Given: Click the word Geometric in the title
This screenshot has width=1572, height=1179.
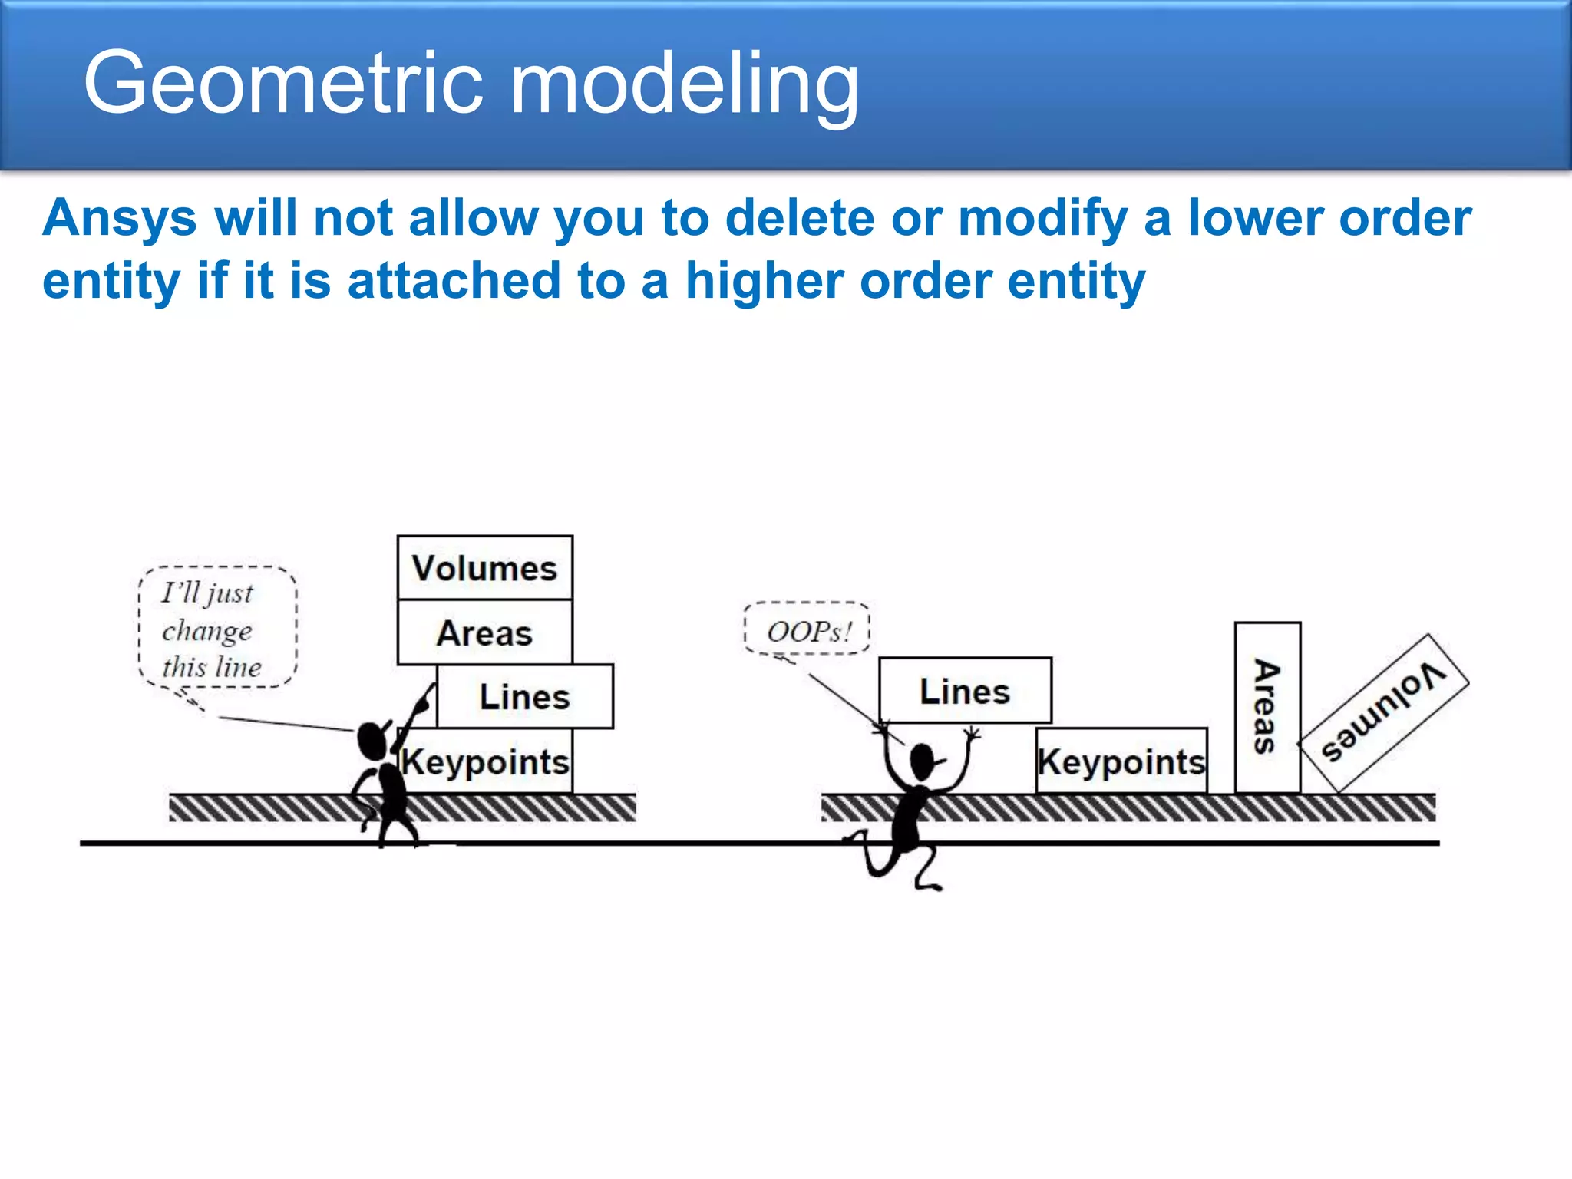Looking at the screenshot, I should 284,83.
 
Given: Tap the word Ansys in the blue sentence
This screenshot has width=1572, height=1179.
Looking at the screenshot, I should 120,219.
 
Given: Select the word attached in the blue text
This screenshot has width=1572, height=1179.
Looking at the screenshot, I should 454,281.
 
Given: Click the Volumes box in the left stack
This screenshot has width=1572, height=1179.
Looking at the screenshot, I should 484,568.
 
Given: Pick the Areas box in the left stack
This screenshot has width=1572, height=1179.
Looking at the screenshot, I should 484,632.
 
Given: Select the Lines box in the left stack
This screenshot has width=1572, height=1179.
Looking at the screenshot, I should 525,696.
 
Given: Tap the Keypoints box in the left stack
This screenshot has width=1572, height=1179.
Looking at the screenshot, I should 487,761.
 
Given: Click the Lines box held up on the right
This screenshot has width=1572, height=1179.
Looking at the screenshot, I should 965,691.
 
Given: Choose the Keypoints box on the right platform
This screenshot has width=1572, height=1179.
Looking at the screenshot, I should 1121,761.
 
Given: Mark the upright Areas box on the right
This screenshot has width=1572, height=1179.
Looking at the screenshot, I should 1267,707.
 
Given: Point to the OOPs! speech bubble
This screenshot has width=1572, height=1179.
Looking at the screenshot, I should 807,629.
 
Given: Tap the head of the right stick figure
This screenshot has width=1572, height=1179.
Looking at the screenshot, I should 923,761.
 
